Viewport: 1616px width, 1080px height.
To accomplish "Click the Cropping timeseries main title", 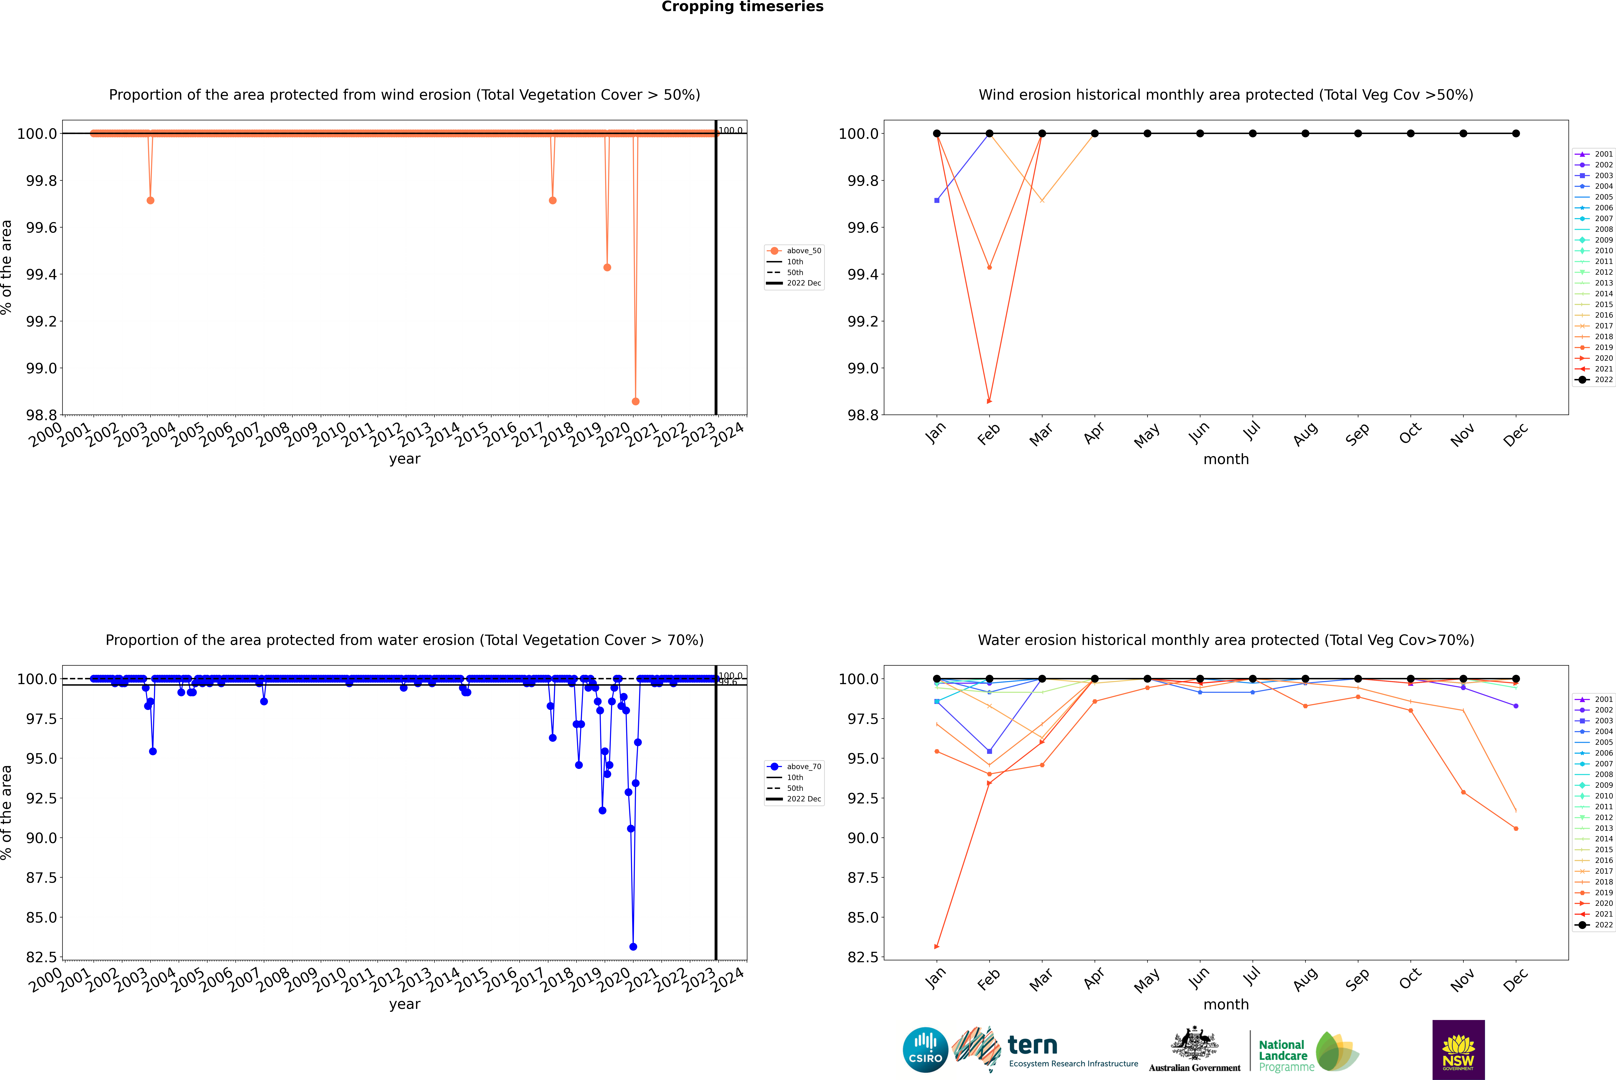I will click(742, 7).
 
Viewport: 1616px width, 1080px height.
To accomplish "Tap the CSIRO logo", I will click(925, 1050).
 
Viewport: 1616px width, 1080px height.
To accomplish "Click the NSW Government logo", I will click(1458, 1050).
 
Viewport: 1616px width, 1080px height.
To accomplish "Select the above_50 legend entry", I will click(794, 251).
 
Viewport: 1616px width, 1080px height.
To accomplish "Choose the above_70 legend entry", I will click(794, 767).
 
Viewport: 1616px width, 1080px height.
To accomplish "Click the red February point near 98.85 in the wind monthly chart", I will click(989, 401).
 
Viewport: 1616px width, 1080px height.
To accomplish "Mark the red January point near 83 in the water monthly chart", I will click(936, 946).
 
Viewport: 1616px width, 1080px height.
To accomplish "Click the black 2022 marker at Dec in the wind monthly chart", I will click(1515, 134).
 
